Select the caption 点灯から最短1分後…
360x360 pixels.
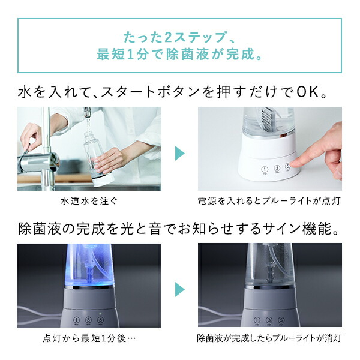(x=89, y=338)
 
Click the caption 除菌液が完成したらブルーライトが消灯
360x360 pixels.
(x=269, y=338)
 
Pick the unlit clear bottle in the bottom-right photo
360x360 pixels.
(x=269, y=264)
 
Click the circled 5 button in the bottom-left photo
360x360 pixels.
(x=100, y=321)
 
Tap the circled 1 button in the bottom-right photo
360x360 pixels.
(x=256, y=321)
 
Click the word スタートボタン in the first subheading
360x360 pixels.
(x=139, y=94)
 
